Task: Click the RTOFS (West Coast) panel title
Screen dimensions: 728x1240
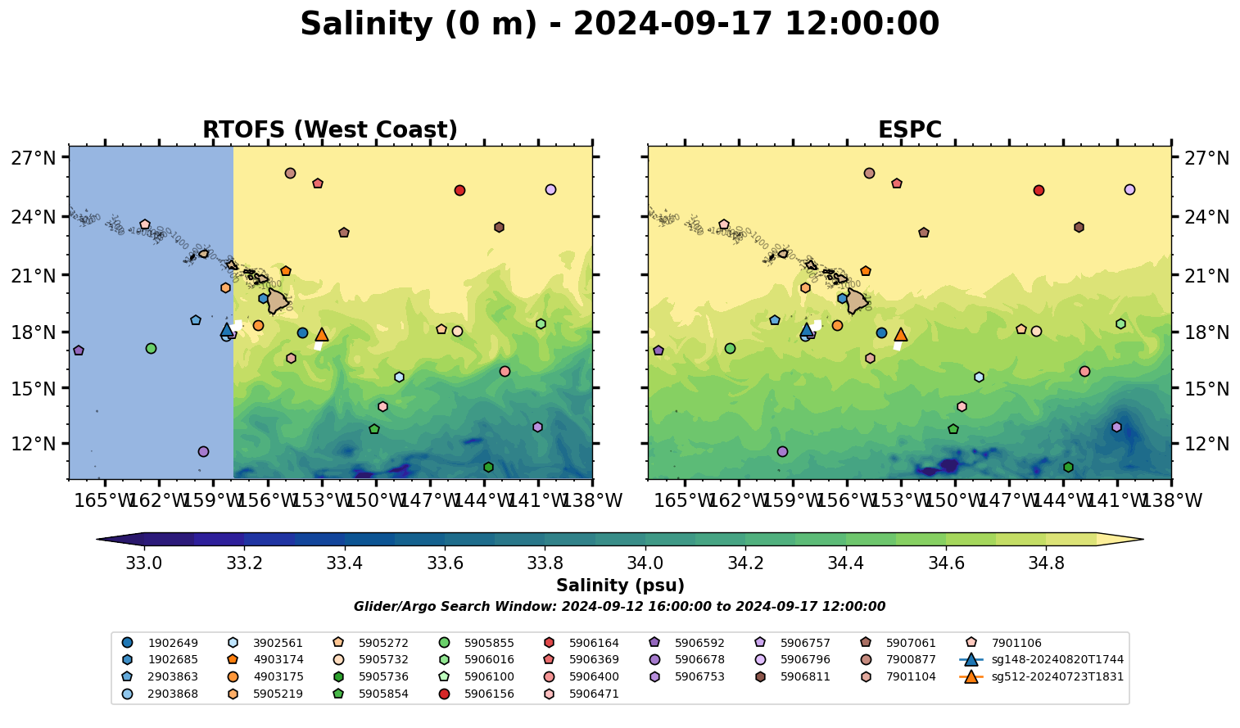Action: point(330,130)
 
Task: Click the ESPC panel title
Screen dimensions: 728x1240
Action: point(909,130)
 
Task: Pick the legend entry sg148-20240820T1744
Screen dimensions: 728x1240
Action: point(1057,660)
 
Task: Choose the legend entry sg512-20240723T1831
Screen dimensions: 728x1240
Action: point(1057,677)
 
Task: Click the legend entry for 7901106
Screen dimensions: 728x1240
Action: point(1016,644)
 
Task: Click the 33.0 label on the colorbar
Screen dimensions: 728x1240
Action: point(144,563)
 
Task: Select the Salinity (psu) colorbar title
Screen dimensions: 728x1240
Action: point(620,586)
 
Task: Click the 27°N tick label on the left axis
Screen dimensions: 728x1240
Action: point(33,158)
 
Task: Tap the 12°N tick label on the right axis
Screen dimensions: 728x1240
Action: point(1206,444)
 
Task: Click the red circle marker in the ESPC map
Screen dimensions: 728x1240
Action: point(1039,191)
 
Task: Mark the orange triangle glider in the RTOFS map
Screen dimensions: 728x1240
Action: point(322,335)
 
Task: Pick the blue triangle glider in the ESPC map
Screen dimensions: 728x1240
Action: point(806,330)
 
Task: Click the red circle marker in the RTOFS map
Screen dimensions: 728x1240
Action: point(459,191)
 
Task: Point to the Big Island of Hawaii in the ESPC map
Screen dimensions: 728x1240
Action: point(857,301)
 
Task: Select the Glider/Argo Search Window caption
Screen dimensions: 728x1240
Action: point(619,607)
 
